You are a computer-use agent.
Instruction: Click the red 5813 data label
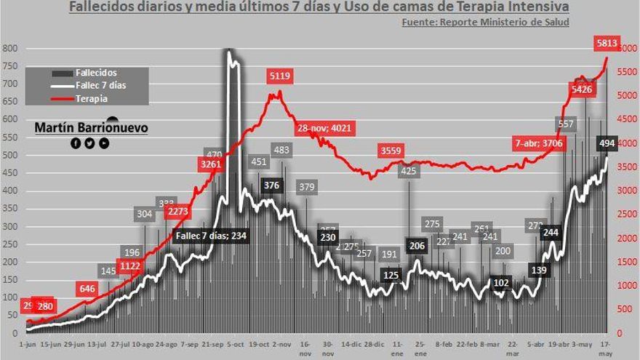click(606, 44)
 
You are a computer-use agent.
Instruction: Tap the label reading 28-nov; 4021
click(324, 129)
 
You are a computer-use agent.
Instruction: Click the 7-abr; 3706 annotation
click(539, 143)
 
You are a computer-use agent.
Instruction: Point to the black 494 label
click(607, 143)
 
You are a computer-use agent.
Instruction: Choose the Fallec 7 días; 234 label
click(211, 236)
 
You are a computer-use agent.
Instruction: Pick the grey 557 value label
click(566, 124)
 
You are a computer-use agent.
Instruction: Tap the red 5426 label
click(582, 89)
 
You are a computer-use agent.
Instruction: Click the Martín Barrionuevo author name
click(91, 128)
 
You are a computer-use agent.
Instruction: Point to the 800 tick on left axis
click(9, 49)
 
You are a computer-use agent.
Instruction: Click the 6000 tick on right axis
click(626, 49)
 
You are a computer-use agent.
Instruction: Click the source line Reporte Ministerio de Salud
click(485, 22)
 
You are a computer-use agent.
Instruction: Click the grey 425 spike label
click(409, 171)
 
